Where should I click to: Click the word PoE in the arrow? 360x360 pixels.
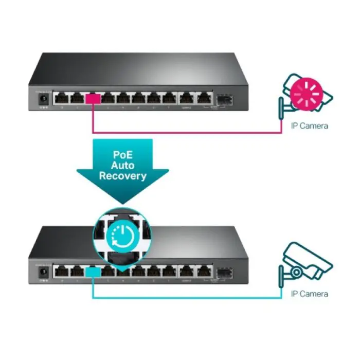click(x=123, y=154)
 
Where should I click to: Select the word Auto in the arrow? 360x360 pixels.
click(x=123, y=165)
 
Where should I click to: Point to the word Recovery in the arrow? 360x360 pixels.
click(x=123, y=176)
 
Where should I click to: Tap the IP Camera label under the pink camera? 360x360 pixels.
click(x=309, y=125)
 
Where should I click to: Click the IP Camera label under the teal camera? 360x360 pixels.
click(x=309, y=294)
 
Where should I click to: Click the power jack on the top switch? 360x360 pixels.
click(x=44, y=98)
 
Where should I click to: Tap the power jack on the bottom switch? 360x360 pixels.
click(x=44, y=271)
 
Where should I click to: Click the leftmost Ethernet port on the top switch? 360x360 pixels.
click(x=63, y=97)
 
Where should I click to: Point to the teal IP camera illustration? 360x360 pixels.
click(x=305, y=262)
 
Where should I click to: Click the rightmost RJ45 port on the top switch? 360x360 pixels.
click(x=205, y=97)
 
